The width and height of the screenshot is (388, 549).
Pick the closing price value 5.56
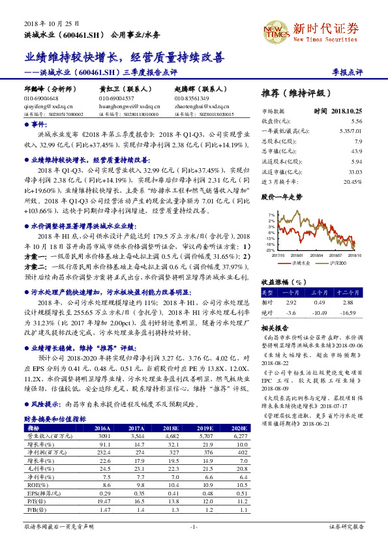click(x=356, y=121)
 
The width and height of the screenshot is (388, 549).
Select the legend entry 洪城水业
click(x=301, y=263)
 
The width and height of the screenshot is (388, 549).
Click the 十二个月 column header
click(x=348, y=293)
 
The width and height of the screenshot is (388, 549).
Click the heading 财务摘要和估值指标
click(x=55, y=419)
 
